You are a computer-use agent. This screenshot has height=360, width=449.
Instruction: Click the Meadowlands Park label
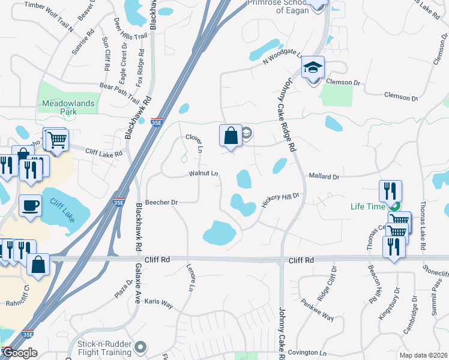click(68, 107)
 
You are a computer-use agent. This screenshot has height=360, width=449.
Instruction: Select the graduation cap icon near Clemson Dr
click(313, 68)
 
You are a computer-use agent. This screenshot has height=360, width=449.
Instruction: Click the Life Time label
click(368, 206)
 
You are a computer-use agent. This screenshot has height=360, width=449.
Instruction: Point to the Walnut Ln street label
click(203, 173)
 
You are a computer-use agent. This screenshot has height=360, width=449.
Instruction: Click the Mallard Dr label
click(324, 176)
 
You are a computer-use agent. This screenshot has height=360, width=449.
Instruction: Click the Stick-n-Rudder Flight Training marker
click(141, 347)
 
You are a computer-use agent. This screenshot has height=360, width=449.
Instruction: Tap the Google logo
click(19, 353)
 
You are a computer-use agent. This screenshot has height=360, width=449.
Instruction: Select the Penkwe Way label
click(318, 311)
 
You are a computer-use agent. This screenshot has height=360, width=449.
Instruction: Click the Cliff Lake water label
click(63, 209)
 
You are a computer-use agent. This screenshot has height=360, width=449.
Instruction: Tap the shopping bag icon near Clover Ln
click(231, 136)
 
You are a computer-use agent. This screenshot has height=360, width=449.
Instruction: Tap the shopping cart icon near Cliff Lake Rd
click(57, 140)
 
